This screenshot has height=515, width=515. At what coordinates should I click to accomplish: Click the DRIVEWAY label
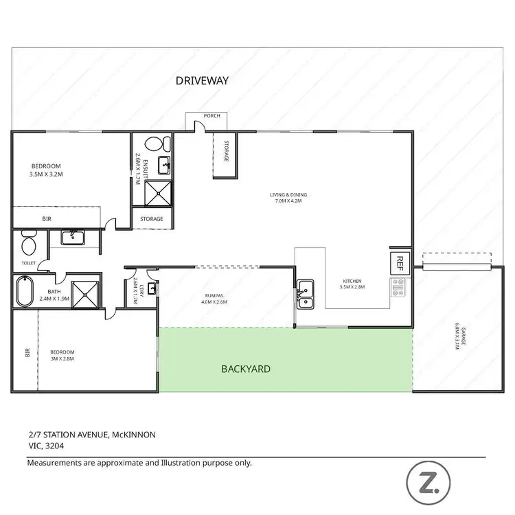[x=202, y=80]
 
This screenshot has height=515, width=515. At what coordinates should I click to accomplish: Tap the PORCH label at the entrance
[x=211, y=116]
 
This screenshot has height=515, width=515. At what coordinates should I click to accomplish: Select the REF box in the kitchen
[x=398, y=262]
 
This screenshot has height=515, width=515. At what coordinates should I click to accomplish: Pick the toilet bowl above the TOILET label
[x=29, y=244]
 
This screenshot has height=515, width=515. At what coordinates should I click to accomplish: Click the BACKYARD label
[x=245, y=369]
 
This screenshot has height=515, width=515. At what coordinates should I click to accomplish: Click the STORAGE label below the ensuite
[x=152, y=219]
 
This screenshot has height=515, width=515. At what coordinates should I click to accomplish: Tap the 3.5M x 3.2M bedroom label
[x=47, y=170]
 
